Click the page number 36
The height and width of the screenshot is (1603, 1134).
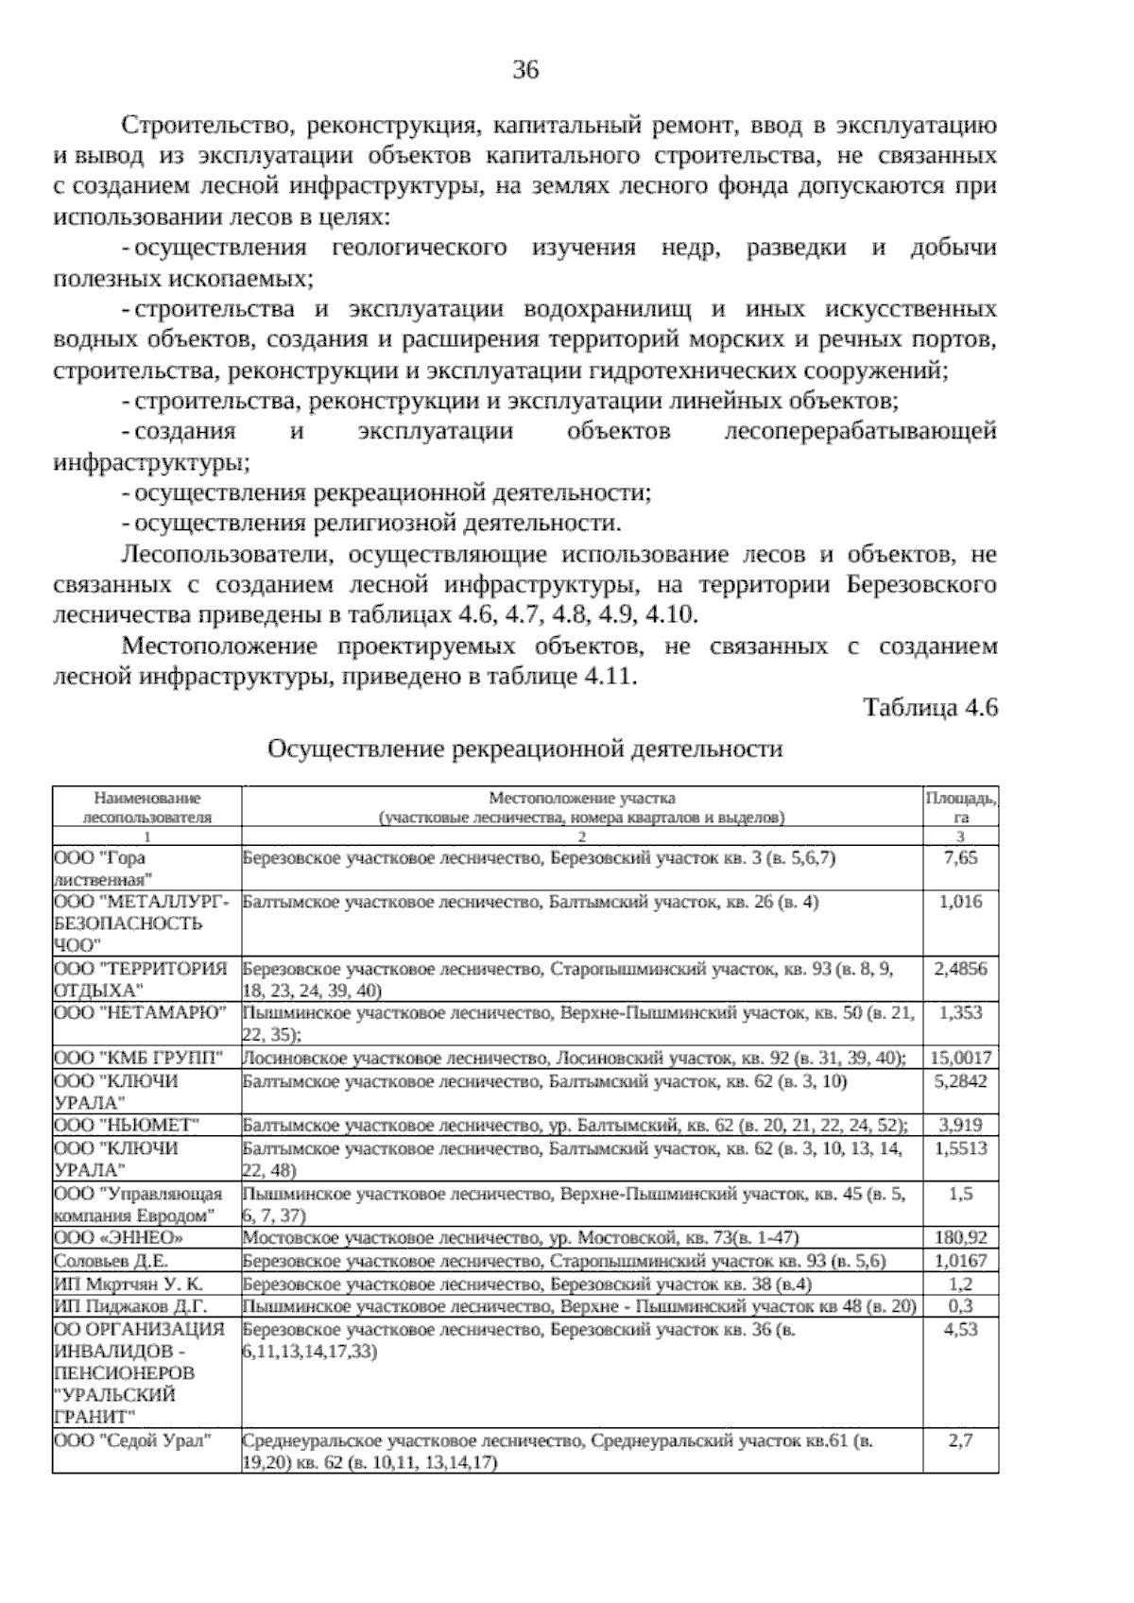(525, 69)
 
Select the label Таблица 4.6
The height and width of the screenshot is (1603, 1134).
(930, 708)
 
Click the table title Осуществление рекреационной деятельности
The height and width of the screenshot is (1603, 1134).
(525, 750)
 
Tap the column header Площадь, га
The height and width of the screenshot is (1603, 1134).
(960, 807)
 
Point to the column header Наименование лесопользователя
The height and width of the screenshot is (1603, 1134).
(147, 807)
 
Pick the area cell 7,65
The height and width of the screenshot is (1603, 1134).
(960, 858)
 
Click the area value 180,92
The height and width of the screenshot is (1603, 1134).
(960, 1237)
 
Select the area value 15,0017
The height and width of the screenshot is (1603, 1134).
(960, 1057)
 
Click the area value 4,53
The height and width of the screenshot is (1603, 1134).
(960, 1330)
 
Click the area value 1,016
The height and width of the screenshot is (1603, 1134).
(960, 902)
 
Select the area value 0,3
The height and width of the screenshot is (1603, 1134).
(960, 1306)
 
